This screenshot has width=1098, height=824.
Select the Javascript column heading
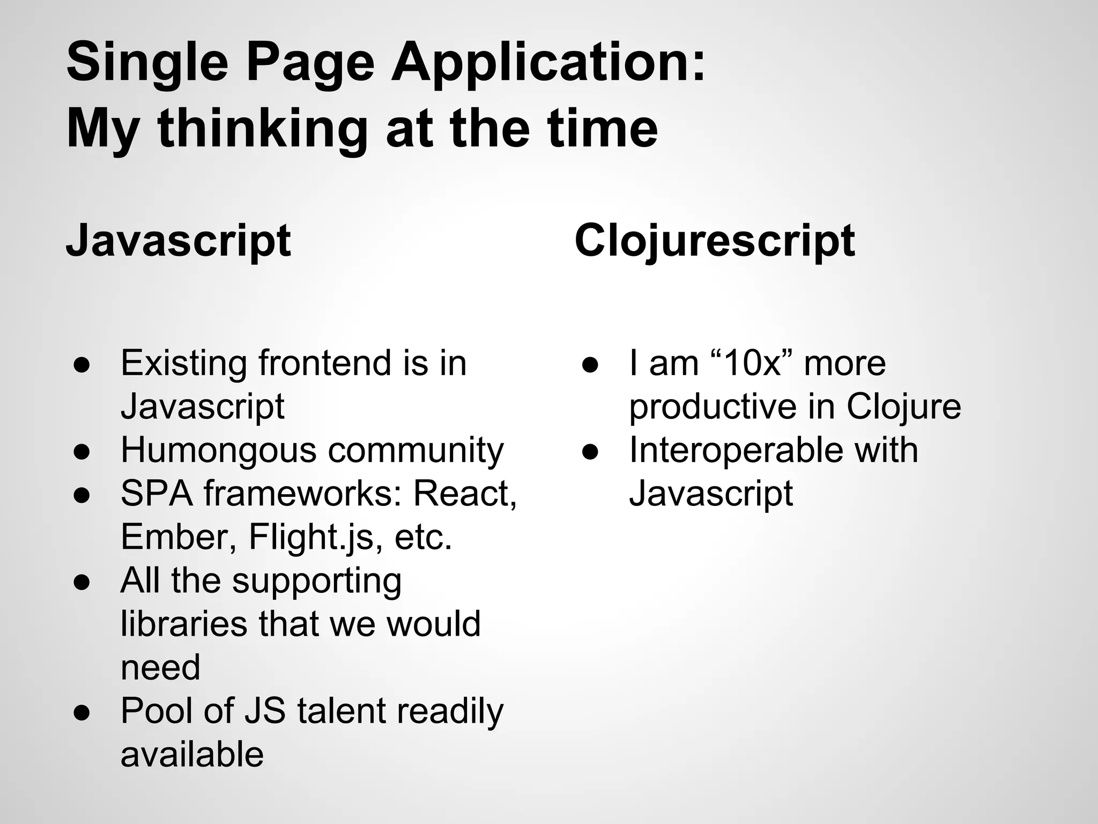click(179, 241)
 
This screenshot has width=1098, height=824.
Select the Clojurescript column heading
click(715, 241)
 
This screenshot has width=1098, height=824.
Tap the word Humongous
click(219, 450)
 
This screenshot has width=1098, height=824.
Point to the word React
click(464, 493)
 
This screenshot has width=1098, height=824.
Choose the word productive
click(713, 407)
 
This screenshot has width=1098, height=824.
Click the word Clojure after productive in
click(904, 407)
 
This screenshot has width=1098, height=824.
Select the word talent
click(341, 711)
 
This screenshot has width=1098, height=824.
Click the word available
click(192, 754)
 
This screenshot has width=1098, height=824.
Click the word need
click(160, 667)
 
